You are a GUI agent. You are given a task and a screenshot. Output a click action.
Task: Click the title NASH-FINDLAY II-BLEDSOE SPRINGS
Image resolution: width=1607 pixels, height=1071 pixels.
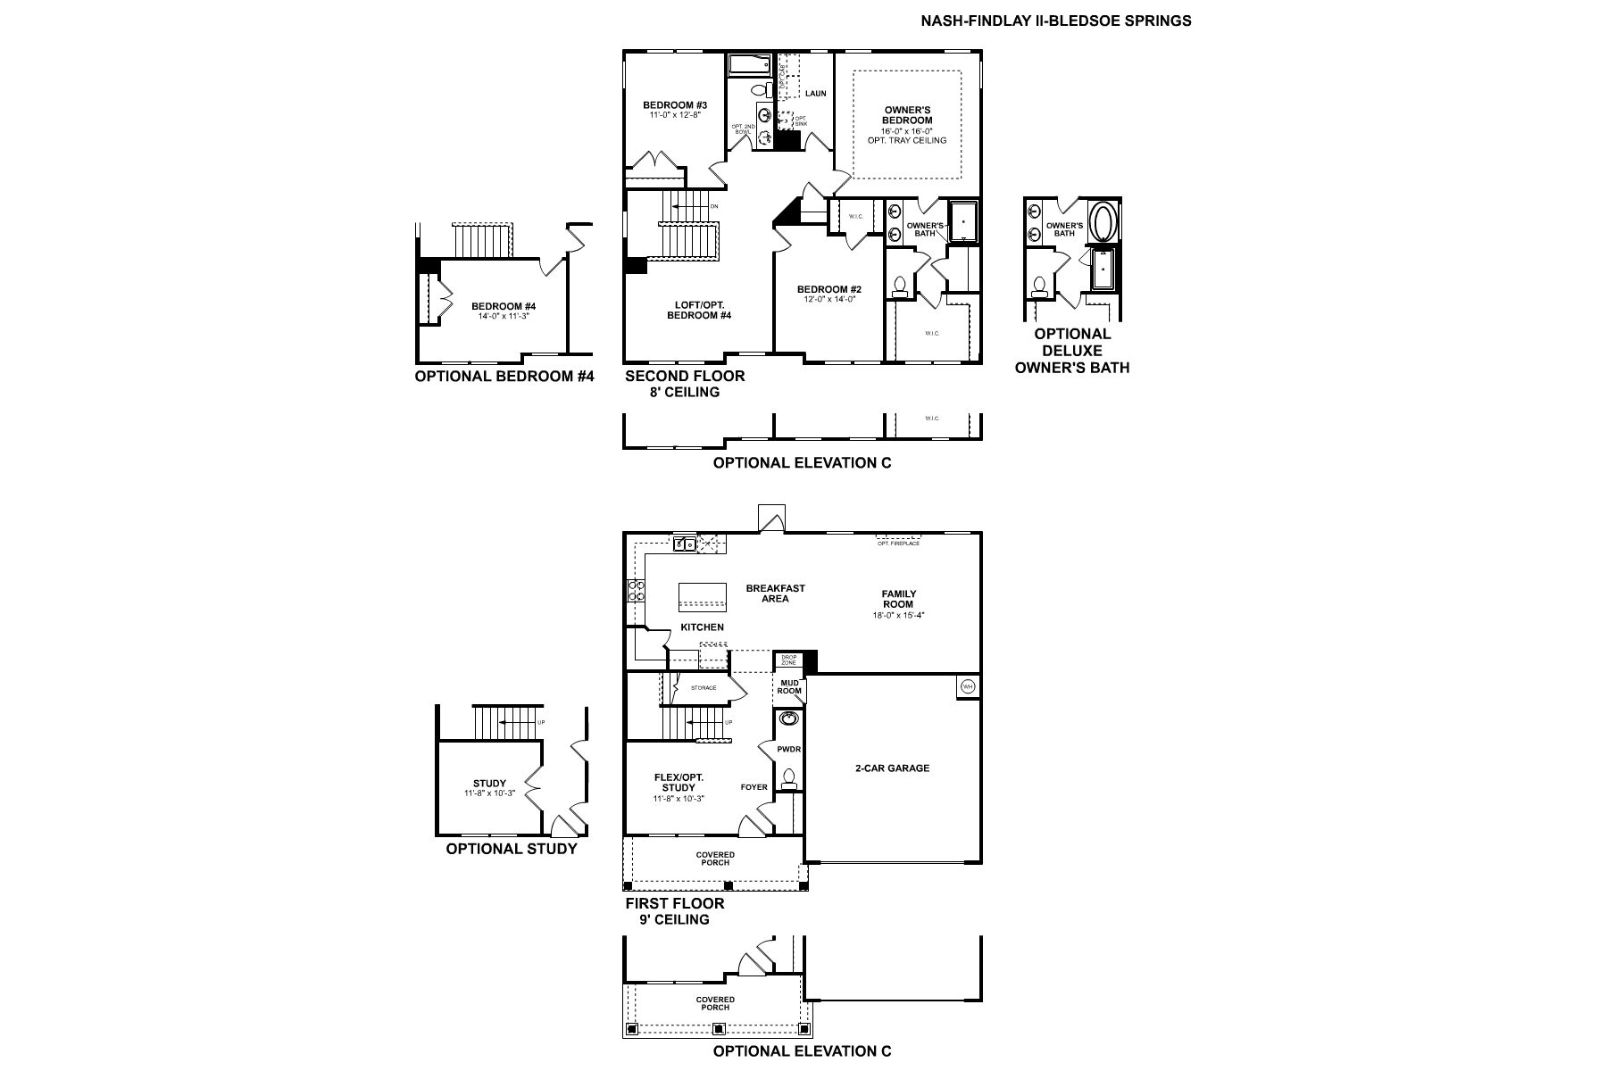pyautogui.click(x=1055, y=21)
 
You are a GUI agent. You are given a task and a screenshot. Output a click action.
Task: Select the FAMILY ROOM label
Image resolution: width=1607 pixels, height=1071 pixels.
pyautogui.click(x=898, y=599)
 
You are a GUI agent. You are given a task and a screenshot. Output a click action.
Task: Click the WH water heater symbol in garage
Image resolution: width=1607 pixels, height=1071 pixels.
pyautogui.click(x=968, y=686)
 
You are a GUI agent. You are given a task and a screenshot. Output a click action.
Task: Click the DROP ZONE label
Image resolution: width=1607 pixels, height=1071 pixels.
pyautogui.click(x=788, y=660)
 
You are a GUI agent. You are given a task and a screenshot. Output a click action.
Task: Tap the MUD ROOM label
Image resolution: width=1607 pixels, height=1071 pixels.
pyautogui.click(x=789, y=686)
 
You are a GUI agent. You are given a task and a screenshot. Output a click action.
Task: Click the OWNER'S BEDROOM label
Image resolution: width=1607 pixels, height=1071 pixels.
pyautogui.click(x=907, y=115)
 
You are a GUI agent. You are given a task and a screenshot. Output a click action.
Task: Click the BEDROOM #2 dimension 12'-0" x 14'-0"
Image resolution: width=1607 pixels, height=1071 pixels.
pyautogui.click(x=829, y=300)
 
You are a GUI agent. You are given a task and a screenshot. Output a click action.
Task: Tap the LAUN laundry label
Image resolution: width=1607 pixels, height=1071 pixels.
pyautogui.click(x=815, y=93)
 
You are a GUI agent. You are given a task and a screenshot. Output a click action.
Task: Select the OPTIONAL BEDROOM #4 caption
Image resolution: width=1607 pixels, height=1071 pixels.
pyautogui.click(x=504, y=377)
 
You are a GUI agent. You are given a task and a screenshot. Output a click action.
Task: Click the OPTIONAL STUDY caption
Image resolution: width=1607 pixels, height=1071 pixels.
pyautogui.click(x=512, y=849)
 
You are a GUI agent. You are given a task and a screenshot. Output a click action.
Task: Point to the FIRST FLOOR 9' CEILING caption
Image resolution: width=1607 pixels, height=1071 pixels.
pyautogui.click(x=674, y=910)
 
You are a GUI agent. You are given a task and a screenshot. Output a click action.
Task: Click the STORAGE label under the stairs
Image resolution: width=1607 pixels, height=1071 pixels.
pyautogui.click(x=704, y=688)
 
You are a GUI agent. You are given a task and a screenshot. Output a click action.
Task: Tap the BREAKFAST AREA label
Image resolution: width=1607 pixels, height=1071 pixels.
pyautogui.click(x=775, y=594)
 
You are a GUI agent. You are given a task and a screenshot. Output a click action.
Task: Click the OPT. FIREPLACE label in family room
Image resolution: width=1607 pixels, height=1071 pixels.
pyautogui.click(x=898, y=544)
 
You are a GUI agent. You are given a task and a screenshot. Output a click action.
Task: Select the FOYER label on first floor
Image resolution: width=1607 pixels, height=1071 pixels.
pyautogui.click(x=754, y=787)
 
